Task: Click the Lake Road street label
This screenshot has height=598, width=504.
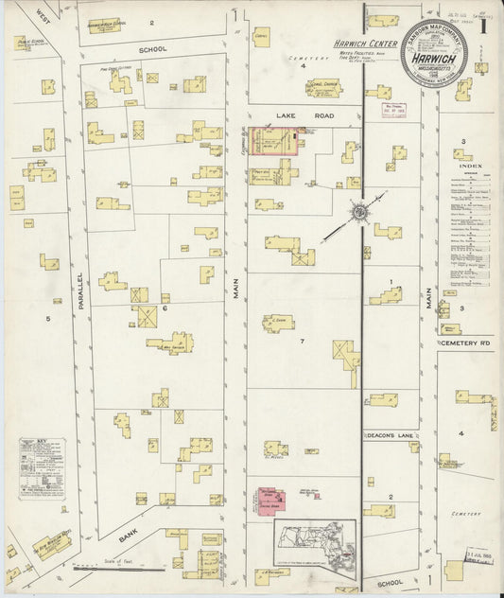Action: (x=287, y=115)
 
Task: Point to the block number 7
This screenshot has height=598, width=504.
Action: (x=302, y=340)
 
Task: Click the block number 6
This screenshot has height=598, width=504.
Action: (x=165, y=308)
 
